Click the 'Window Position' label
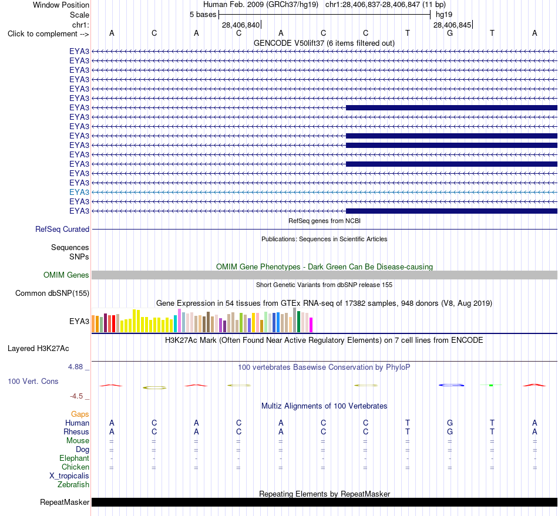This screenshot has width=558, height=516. tap(61, 5)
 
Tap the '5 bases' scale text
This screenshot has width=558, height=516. tap(203, 15)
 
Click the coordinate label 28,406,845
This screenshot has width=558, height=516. tap(452, 25)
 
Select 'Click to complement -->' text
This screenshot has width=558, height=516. tap(48, 34)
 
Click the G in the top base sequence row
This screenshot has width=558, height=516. tap(450, 33)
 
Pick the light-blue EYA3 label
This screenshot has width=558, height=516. tap(79, 193)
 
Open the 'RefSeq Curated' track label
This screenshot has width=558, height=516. tap(62, 230)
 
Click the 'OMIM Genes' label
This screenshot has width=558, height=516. tap(66, 275)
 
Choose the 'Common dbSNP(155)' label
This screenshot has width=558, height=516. tap(52, 294)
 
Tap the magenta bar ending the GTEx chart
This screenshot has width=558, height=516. tap(311, 325)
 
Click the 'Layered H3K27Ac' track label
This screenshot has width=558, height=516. tap(38, 349)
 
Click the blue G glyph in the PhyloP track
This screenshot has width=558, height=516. tap(451, 385)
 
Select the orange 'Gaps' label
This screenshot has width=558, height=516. tap(80, 414)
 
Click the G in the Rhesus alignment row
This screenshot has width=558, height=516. tap(450, 431)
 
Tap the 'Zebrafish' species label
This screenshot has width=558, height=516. tap(73, 485)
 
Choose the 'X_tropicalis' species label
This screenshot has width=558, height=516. tap(69, 476)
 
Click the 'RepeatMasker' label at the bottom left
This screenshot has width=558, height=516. tap(65, 502)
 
